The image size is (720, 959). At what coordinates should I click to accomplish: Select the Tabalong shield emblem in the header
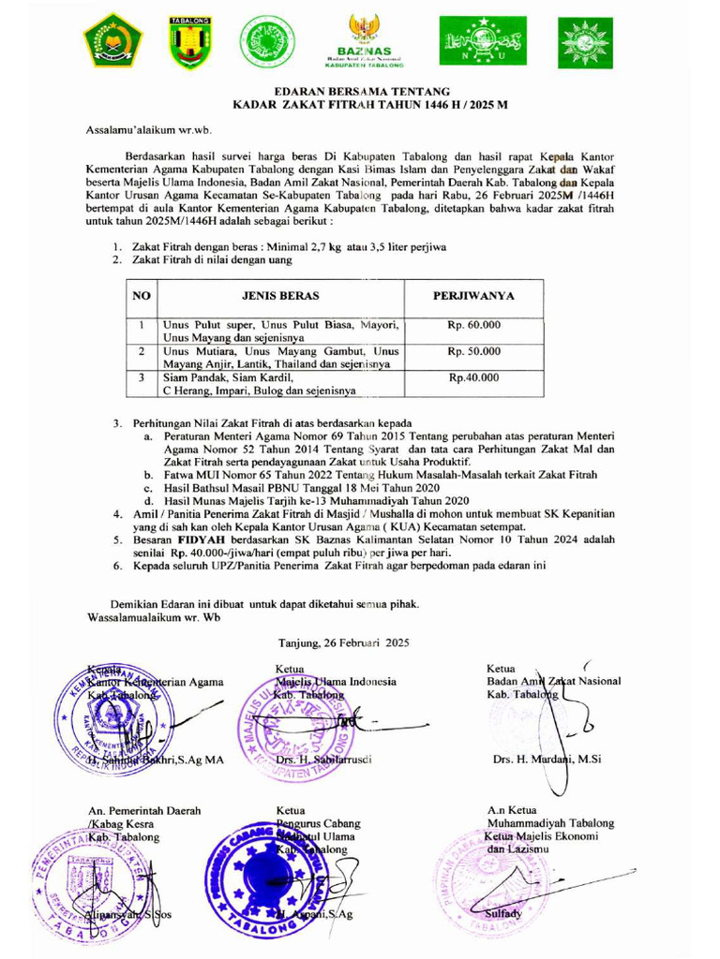pyautogui.click(x=189, y=42)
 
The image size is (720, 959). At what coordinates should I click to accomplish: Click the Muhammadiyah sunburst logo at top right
pyautogui.click(x=586, y=42)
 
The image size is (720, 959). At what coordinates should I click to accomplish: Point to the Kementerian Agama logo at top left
pyautogui.click(x=113, y=42)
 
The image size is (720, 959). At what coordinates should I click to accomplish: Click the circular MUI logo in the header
pyautogui.click(x=265, y=42)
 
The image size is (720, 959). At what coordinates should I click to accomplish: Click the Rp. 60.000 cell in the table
pyautogui.click(x=473, y=325)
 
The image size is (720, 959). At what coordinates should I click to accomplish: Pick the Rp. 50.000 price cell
pyautogui.click(x=473, y=351)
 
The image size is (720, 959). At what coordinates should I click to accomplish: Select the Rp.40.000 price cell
pyautogui.click(x=473, y=377)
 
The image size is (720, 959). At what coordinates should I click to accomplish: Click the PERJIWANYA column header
pyautogui.click(x=473, y=296)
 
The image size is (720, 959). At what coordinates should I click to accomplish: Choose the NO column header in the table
pyautogui.click(x=142, y=296)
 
